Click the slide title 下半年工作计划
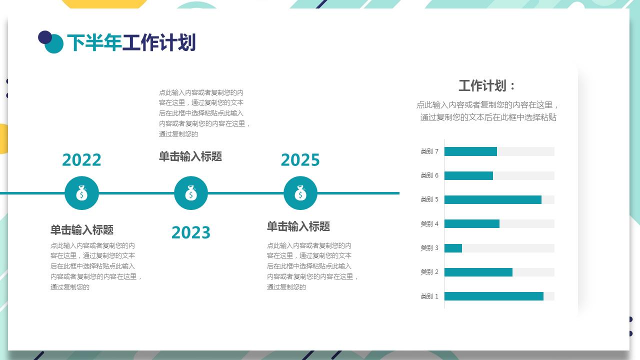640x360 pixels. [x=131, y=43]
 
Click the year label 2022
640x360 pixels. [x=81, y=160]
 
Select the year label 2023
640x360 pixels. [x=191, y=232]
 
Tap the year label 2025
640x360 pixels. [x=300, y=160]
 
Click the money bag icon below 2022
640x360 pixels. [x=82, y=193]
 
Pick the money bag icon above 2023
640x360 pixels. [x=191, y=193]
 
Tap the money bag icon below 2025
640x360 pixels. [x=300, y=193]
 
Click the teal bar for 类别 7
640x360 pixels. [x=470, y=151]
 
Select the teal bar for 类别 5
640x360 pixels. [x=492, y=199]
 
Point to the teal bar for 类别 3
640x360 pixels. [x=453, y=248]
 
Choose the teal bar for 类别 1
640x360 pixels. [x=493, y=296]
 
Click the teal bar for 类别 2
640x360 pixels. [x=478, y=272]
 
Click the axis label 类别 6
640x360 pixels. [x=429, y=175]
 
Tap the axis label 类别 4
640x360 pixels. [x=429, y=223]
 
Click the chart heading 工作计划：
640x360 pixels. [x=487, y=85]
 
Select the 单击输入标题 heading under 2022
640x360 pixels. [x=82, y=230]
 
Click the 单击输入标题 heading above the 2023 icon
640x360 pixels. [x=190, y=156]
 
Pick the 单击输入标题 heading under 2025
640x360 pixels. [x=298, y=226]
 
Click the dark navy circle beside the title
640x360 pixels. [x=44, y=37]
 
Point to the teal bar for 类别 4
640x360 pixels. [x=471, y=223]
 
